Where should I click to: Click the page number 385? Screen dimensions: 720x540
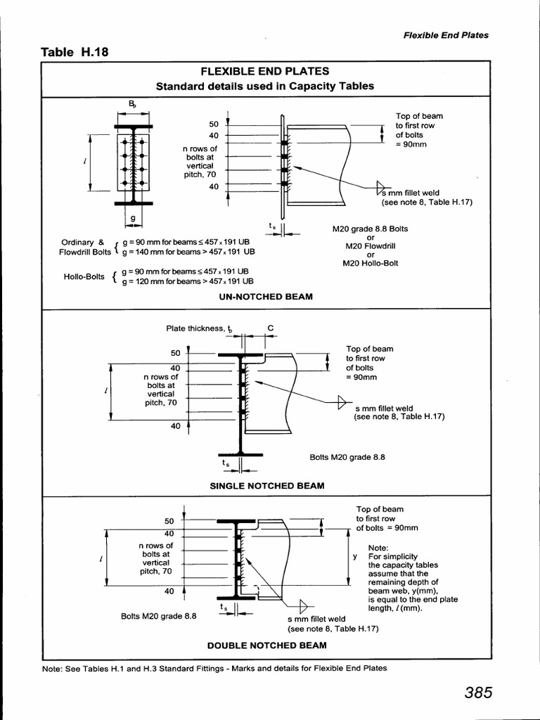click(x=478, y=693)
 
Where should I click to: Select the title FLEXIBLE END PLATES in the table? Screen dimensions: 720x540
click(x=265, y=71)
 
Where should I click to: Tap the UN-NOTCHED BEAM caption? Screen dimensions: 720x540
click(x=266, y=297)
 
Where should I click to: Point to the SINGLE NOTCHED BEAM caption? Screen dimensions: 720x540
click(x=267, y=485)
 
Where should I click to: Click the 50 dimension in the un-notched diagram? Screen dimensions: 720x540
click(x=214, y=124)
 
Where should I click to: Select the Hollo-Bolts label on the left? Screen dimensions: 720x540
click(x=84, y=276)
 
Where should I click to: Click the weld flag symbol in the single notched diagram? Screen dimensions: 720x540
click(x=342, y=402)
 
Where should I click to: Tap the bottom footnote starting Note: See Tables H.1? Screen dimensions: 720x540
click(x=214, y=668)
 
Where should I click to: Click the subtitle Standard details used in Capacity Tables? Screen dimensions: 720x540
click(x=265, y=86)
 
